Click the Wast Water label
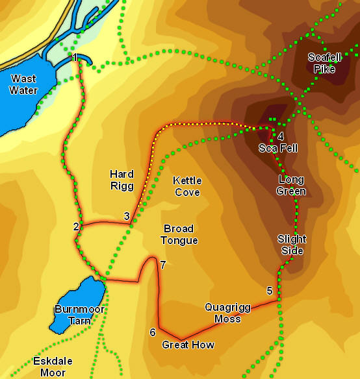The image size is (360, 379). pos(23,85)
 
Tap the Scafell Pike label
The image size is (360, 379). pos(324,63)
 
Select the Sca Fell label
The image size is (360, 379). pos(278,148)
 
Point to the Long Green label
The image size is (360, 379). pos(292,185)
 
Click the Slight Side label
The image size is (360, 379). pos(291,245)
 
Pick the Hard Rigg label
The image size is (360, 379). pos(122,180)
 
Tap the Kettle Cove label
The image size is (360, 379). pos(187,186)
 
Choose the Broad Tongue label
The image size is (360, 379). pos(181,235)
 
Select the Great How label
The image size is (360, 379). pos(188,345)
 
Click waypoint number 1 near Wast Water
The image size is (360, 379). pos(75,58)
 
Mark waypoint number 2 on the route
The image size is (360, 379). pos(76,226)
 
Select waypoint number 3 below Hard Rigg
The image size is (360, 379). pos(127,216)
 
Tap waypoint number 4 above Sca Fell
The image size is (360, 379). pos(280,136)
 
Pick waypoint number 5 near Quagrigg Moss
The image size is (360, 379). pos(270,290)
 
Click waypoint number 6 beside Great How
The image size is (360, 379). pos(153,332)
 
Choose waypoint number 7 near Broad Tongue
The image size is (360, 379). pos(163,264)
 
